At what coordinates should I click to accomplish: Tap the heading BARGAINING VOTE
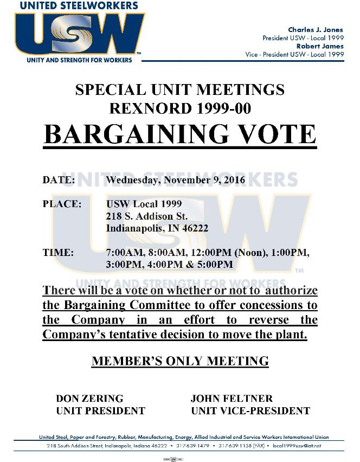pyautogui.click(x=179, y=134)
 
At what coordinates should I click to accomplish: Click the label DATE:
pyautogui.click(x=59, y=179)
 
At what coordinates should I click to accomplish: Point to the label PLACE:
pyautogui.click(x=62, y=204)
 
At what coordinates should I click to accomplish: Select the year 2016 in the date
pyautogui.click(x=234, y=179)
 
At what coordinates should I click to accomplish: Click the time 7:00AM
pyautogui.click(x=124, y=253)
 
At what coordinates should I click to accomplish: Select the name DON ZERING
pyautogui.click(x=89, y=399)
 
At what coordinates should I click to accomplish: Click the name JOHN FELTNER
pyautogui.click(x=232, y=399)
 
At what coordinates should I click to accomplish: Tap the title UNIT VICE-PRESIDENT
pyautogui.click(x=250, y=410)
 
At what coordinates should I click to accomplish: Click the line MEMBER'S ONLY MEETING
pyautogui.click(x=180, y=361)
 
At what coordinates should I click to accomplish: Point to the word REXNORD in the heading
pyautogui.click(x=143, y=108)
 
